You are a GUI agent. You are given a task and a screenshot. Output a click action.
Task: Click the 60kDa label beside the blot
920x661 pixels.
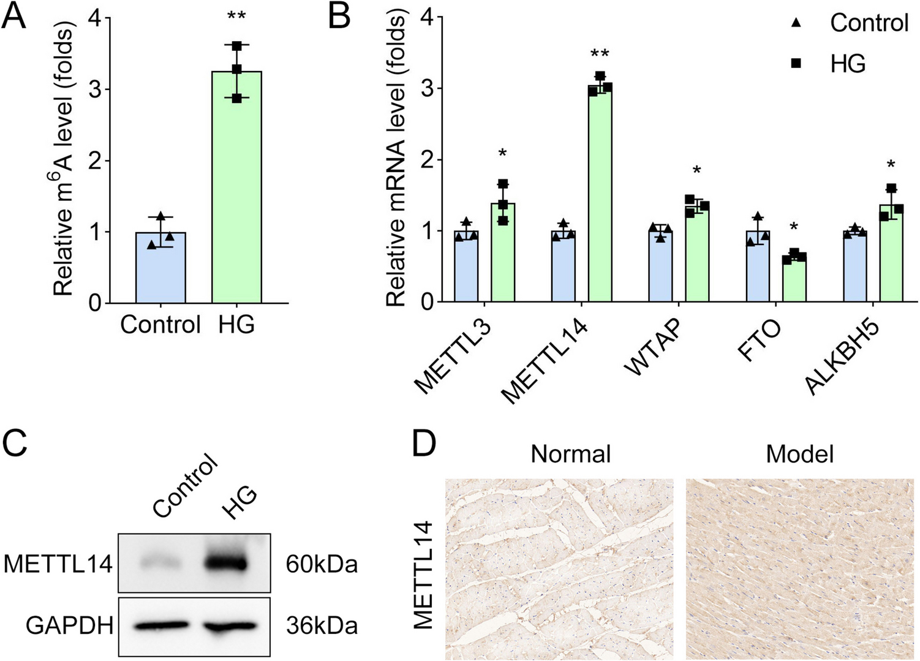[322, 564]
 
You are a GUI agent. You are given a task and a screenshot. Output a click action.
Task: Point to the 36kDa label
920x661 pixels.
[322, 626]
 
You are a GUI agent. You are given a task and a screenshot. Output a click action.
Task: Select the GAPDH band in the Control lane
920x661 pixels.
[160, 625]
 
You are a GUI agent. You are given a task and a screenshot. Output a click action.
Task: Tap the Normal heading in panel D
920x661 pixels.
[570, 454]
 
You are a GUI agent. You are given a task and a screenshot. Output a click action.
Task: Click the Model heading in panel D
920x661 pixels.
[799, 454]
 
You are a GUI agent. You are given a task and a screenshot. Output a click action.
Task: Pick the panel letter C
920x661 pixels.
[15, 443]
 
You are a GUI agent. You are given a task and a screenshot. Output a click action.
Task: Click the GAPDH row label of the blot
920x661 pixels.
[69, 626]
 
